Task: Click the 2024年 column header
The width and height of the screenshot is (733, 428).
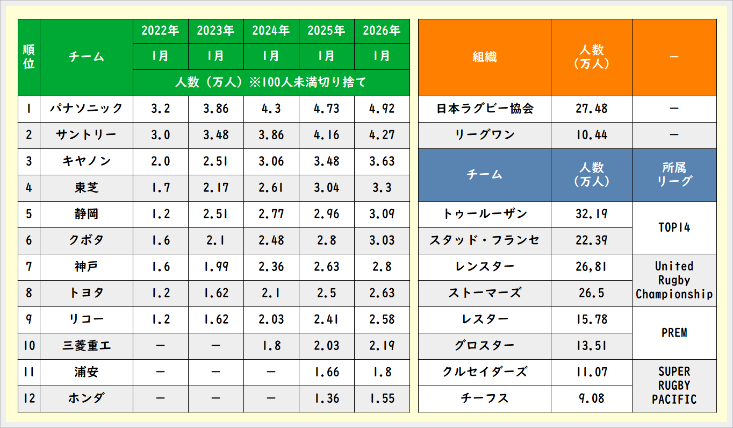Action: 271,31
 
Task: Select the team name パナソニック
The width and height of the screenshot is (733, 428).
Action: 87,109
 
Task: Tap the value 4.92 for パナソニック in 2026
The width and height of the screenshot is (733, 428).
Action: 382,109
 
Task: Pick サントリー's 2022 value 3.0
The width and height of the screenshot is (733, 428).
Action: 160,135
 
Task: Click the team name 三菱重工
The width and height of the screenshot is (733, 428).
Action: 87,346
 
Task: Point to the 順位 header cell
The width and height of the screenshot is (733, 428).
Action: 29,57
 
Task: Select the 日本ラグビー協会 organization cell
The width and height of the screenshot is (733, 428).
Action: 484,109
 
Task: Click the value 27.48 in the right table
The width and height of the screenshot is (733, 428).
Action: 591,109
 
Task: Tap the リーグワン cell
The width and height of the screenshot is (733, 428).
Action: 484,135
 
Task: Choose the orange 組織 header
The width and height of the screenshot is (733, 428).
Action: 484,57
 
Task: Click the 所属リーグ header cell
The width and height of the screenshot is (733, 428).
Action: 674,174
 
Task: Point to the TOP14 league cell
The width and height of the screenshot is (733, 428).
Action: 674,227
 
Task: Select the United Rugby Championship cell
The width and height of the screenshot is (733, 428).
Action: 674,280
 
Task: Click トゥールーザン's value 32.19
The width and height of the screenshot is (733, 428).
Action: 591,214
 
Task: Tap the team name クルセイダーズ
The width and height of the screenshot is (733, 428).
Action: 484,372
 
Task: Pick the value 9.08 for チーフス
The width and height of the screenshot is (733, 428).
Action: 591,398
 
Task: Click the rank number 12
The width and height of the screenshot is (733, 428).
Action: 29,398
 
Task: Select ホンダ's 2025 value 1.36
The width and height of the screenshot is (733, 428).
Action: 326,398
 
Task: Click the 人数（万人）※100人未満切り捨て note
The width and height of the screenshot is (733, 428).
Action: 271,83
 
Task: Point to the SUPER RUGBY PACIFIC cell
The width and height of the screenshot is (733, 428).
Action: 674,386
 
